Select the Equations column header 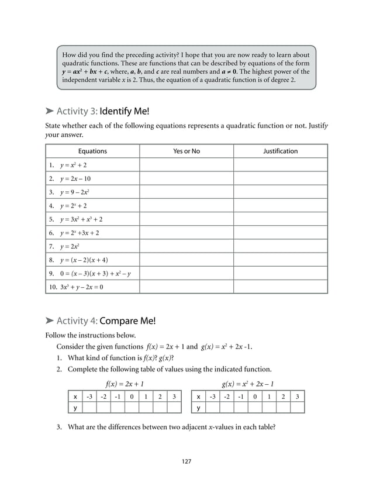(92, 151)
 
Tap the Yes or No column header (186, 151)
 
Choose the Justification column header (280, 151)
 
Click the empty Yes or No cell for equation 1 (186, 165)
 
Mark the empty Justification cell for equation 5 (280, 219)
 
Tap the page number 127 (186, 461)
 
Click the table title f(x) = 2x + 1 (125, 384)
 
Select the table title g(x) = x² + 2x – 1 (248, 384)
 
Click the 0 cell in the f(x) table (132, 397)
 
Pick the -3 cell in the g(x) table (212, 397)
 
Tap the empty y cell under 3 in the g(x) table (298, 408)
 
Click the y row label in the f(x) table (75, 408)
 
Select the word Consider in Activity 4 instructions (70, 346)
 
